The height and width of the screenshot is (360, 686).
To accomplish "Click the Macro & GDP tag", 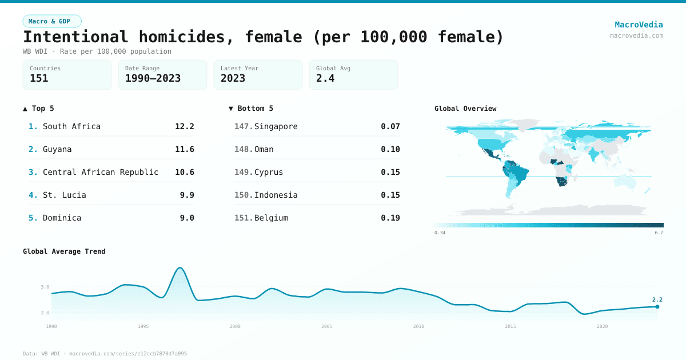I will point(52,21).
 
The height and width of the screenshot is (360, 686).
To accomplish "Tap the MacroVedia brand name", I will point(639,25).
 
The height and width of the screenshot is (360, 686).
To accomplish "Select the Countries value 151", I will point(39,78).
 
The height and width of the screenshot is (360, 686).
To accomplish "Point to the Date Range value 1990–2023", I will point(153,78).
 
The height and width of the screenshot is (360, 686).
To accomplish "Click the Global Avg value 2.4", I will point(325,78).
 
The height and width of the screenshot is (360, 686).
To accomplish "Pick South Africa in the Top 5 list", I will point(71,126).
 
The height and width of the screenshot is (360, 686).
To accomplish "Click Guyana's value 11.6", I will point(185,149).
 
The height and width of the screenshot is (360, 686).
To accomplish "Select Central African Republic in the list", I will point(101,172).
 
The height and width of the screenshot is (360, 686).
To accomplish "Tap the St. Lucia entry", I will point(65,195).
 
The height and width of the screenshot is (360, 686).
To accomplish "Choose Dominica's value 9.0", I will point(187,218).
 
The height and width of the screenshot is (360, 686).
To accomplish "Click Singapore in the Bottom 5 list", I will point(276,126).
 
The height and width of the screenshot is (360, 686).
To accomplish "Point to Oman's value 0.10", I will point(390,149).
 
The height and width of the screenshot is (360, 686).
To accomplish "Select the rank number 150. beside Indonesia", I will point(243,195).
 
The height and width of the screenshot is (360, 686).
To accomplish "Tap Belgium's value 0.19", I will point(390,218).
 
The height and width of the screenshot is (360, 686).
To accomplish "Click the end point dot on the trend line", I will point(657,307).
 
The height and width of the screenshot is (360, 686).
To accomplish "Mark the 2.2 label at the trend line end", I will point(657,299).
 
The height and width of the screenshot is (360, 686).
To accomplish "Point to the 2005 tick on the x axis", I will point(327,326).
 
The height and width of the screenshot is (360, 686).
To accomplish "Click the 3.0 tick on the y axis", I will point(45,287).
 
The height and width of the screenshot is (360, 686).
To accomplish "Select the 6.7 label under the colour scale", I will point(659,233).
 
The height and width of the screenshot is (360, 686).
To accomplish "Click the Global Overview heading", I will point(465,109).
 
